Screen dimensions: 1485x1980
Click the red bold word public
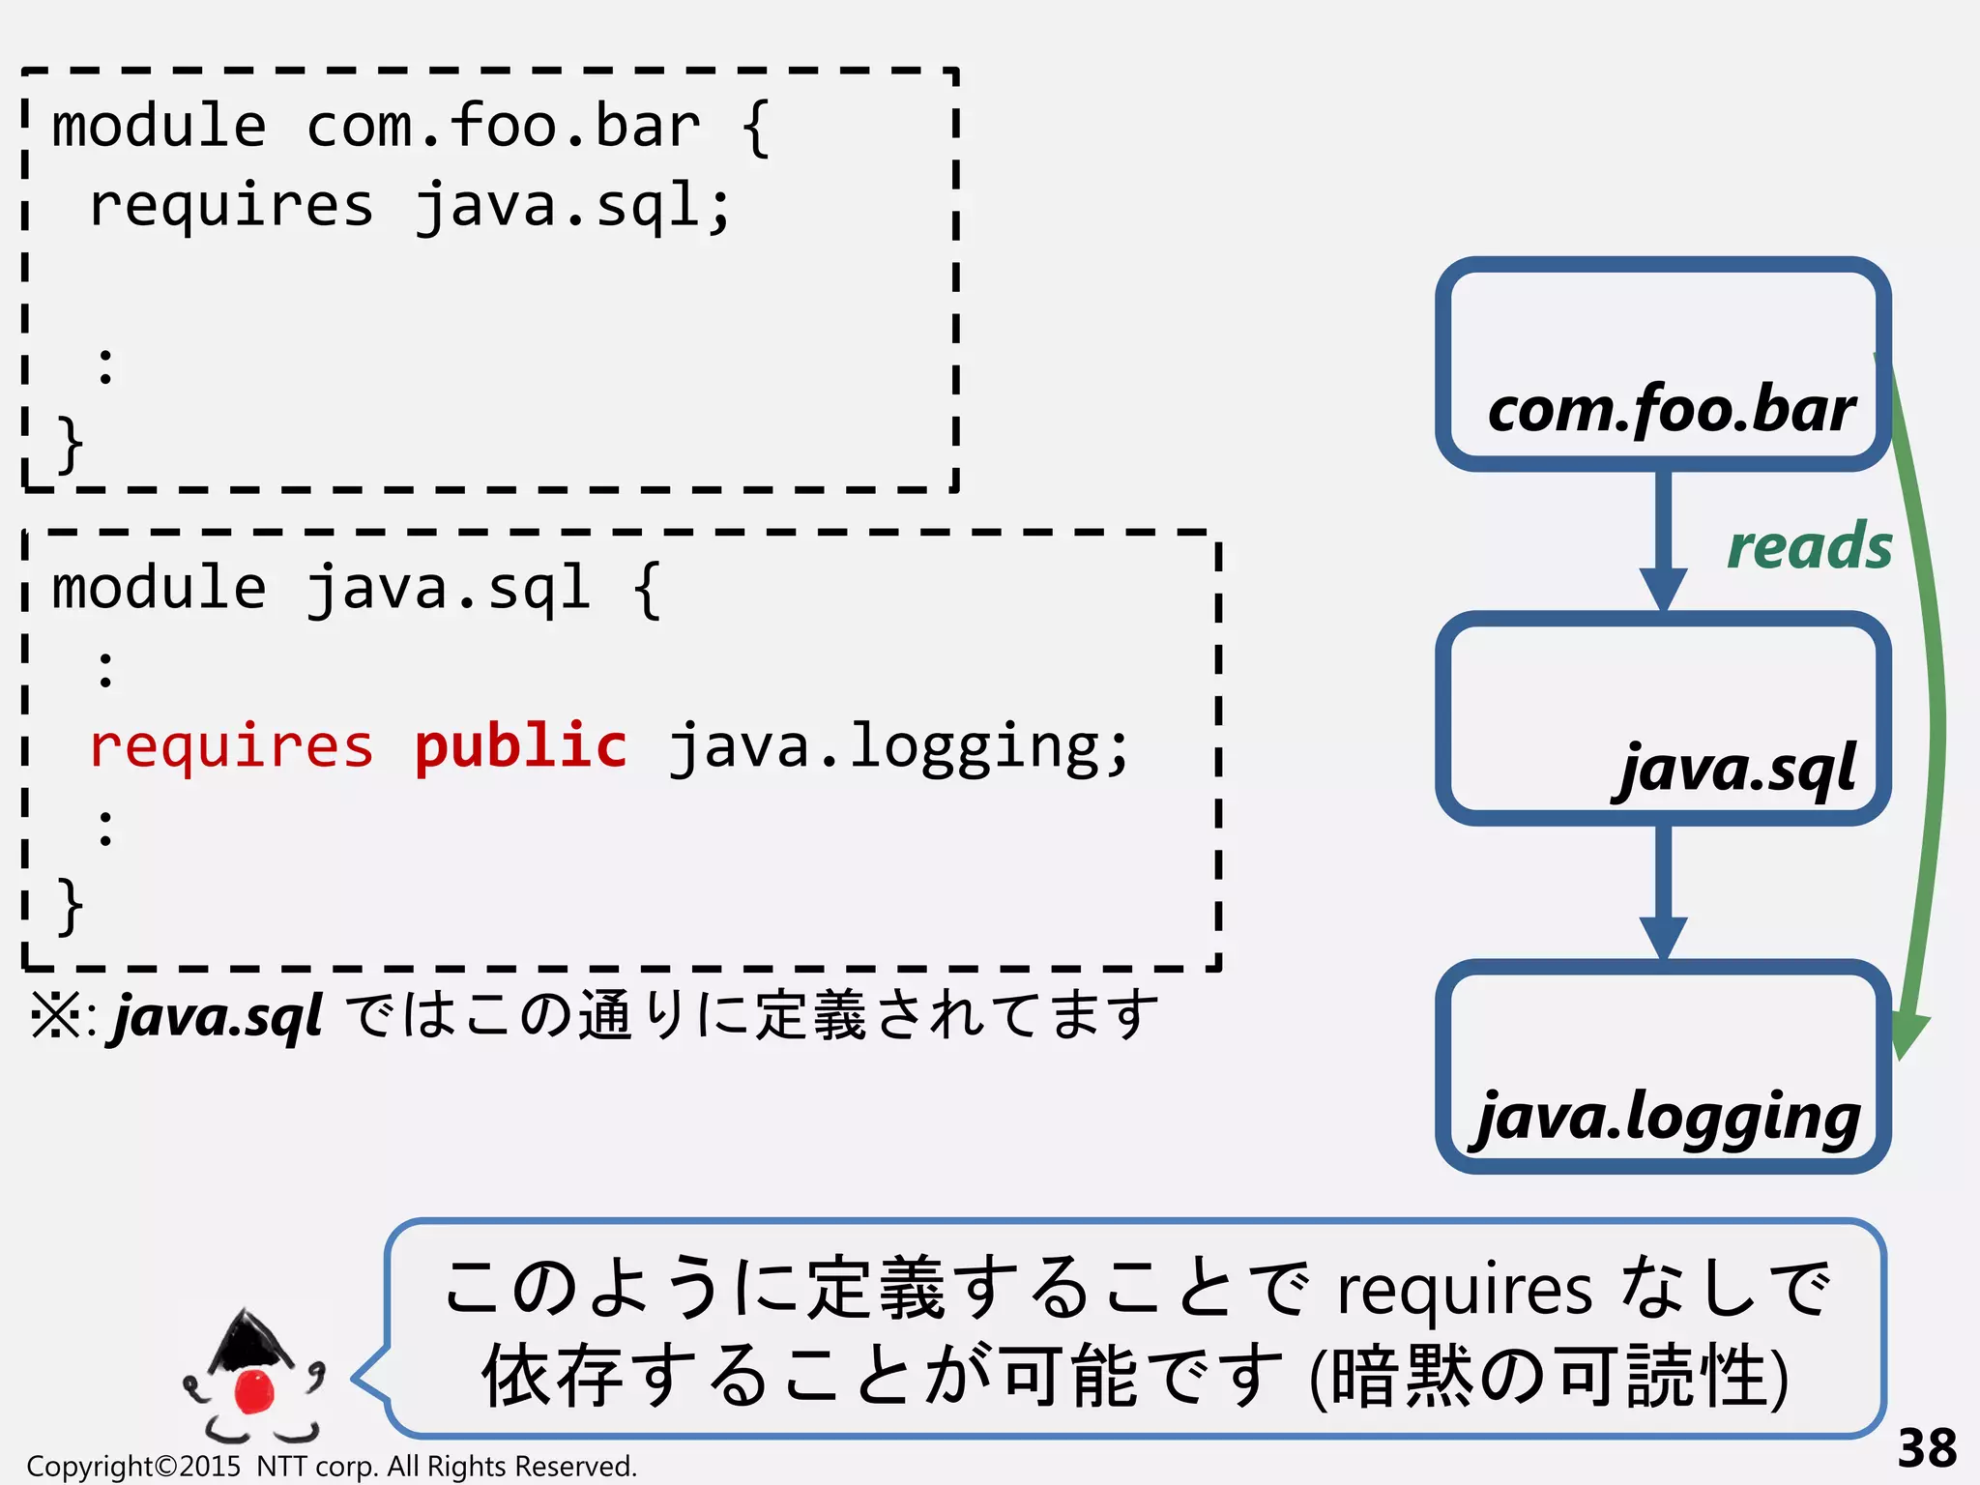pos(520,746)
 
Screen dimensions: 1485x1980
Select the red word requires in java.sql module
pos(231,746)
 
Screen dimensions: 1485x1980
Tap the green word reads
pos(1809,547)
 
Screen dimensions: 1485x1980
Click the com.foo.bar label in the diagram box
pos(1671,410)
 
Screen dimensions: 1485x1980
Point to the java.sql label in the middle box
pos(1736,770)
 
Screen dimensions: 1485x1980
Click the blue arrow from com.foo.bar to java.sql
pos(1663,541)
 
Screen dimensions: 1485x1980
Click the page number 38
pos(1926,1448)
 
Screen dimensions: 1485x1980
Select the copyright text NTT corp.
pos(318,1467)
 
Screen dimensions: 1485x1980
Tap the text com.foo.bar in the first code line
pos(503,128)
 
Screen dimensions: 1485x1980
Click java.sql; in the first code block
pos(572,207)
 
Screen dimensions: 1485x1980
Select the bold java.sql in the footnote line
pos(218,1017)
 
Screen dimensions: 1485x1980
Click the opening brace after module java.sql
pos(647,590)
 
